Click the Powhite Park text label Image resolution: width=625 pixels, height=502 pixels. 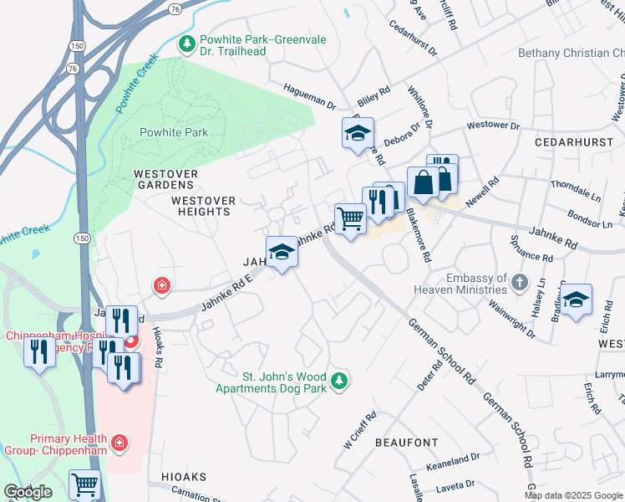[173, 132]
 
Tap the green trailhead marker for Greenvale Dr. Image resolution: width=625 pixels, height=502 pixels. [188, 42]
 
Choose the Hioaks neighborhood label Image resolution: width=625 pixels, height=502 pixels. [178, 476]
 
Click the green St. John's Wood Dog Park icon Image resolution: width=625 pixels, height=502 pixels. [338, 382]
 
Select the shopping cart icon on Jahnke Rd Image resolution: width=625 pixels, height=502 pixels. [351, 219]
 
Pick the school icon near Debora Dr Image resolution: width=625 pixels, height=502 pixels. [358, 133]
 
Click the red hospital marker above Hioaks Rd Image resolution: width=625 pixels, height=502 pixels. [160, 286]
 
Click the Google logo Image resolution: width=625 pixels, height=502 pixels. [28, 492]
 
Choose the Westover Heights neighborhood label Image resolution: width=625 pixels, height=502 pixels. [203, 206]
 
